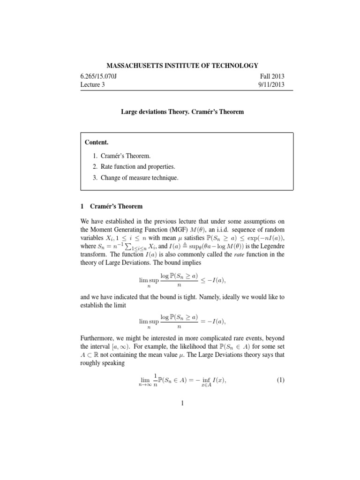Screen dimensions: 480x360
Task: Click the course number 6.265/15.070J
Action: coord(105,76)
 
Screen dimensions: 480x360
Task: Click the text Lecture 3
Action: coord(96,85)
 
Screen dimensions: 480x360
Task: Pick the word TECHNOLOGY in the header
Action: coord(228,65)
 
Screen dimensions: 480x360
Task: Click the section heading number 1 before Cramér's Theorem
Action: coord(82,206)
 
